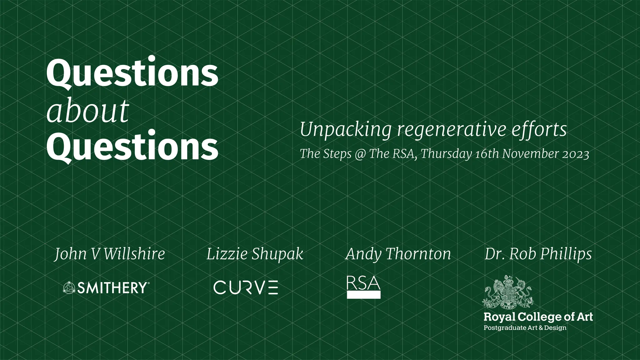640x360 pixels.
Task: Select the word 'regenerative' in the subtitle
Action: click(451, 130)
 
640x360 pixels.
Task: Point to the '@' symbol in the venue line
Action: click(360, 154)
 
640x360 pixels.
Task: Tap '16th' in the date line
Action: click(487, 154)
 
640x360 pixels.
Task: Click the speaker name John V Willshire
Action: click(110, 254)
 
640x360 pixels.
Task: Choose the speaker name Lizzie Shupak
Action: click(255, 254)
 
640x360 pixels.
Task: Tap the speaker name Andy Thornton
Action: click(398, 254)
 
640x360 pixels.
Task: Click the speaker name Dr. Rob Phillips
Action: click(538, 254)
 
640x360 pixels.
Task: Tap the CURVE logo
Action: click(246, 287)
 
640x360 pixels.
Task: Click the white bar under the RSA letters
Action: click(364, 295)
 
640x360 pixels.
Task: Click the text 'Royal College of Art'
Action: click(538, 317)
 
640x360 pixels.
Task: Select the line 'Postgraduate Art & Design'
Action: click(525, 328)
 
